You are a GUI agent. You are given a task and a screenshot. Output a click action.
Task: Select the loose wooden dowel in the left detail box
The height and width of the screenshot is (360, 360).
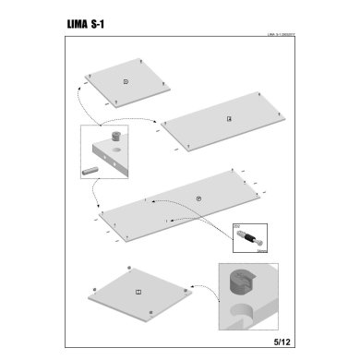[x=92, y=171]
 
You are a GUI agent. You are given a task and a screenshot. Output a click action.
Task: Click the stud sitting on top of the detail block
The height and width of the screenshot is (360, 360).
[x=116, y=137]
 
